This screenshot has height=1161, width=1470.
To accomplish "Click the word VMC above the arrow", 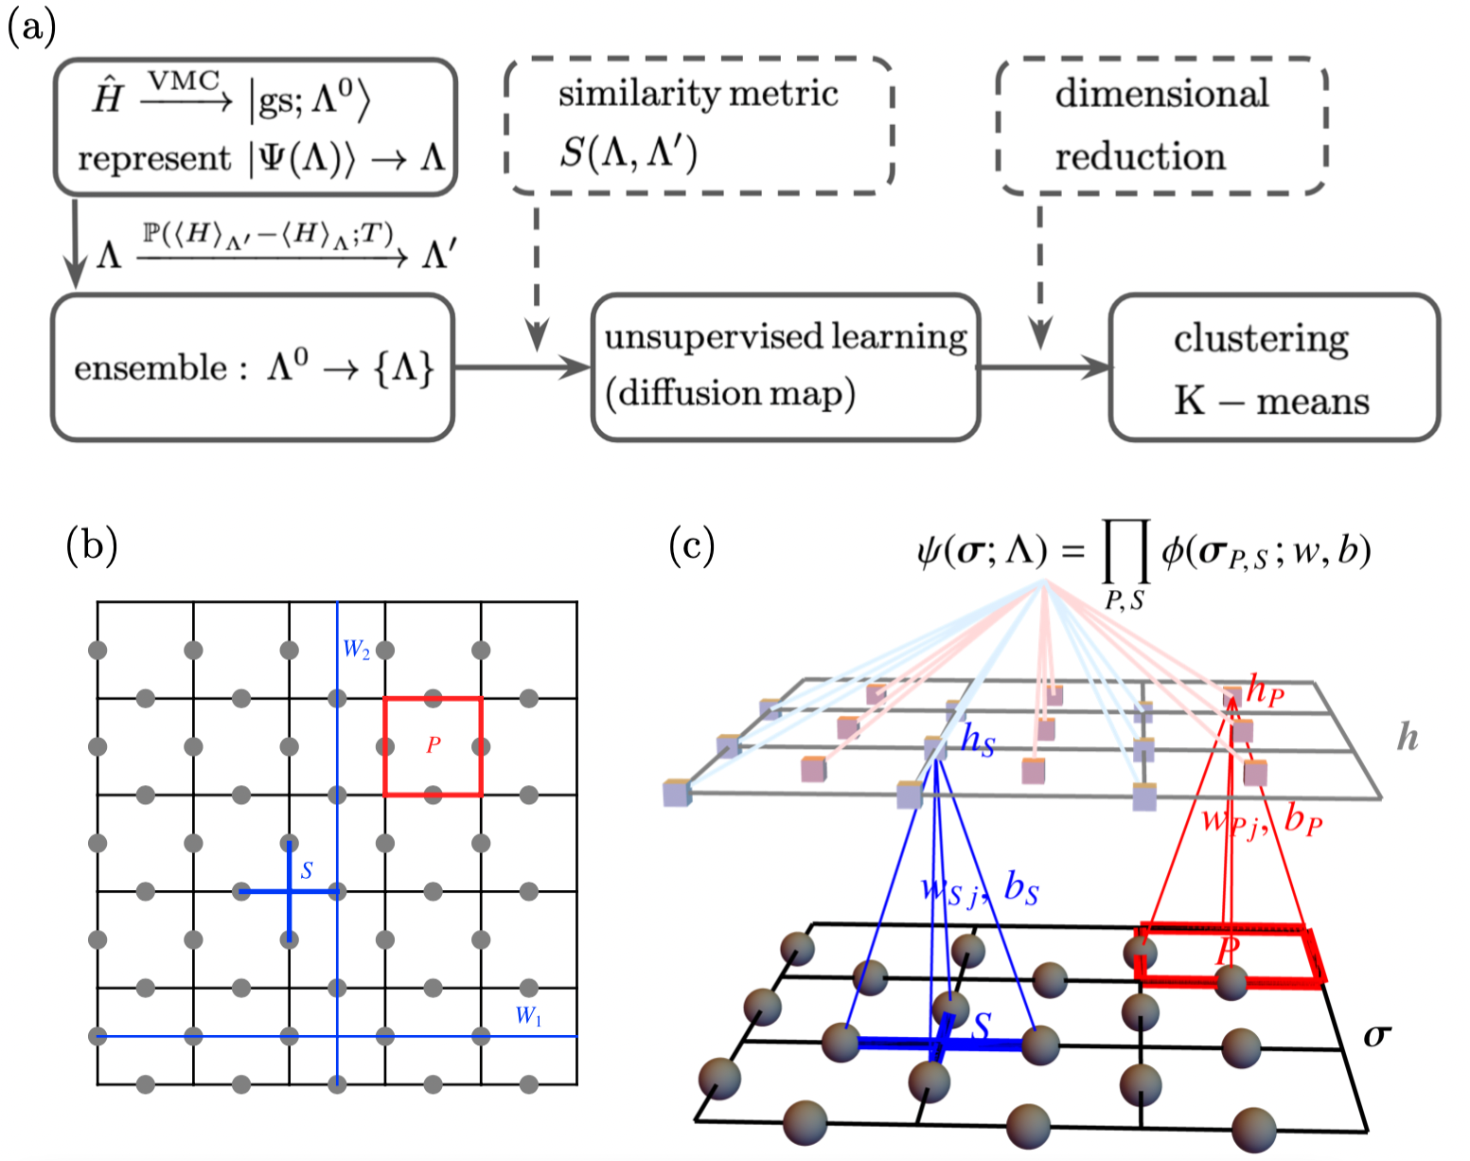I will [x=184, y=81].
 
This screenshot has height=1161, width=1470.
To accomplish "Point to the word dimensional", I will [x=1161, y=94].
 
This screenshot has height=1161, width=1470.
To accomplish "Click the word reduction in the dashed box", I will [x=1140, y=156].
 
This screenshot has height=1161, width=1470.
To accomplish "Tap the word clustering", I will [x=1261, y=339].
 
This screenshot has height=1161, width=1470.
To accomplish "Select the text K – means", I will [x=1271, y=402].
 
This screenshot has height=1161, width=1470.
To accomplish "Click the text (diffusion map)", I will [x=730, y=393].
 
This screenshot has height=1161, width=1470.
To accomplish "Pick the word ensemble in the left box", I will [x=151, y=368].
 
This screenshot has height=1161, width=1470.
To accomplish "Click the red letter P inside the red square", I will [x=433, y=745].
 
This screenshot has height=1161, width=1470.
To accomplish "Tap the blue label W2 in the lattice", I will [x=356, y=650].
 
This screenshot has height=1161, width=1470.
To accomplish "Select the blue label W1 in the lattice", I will [x=528, y=1017].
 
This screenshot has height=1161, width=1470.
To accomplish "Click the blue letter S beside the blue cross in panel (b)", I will [x=307, y=870].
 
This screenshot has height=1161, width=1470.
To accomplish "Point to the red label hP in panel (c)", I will [x=1265, y=692].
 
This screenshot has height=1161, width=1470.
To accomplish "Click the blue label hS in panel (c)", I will [x=978, y=740].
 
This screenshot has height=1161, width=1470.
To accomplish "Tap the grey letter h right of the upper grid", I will [x=1408, y=736].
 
